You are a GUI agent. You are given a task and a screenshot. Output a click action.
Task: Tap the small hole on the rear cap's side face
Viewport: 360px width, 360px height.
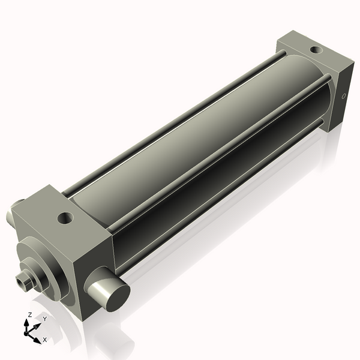[344, 95]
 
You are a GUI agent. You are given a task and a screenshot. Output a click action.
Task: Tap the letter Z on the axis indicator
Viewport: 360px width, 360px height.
[29, 314]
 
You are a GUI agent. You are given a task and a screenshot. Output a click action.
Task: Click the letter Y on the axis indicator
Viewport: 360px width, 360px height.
[44, 319]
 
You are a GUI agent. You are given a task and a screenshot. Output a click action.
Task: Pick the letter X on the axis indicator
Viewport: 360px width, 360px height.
[44, 340]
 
